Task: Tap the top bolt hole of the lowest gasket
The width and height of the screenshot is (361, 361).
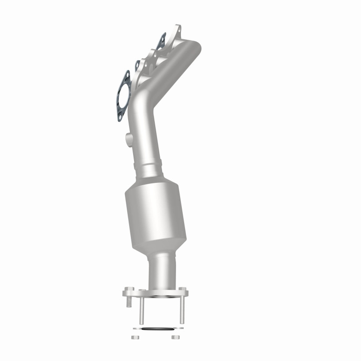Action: (127, 74)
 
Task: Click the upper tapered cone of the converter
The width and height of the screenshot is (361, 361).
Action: (153, 184)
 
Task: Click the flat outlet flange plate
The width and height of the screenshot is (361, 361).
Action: (154, 295)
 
